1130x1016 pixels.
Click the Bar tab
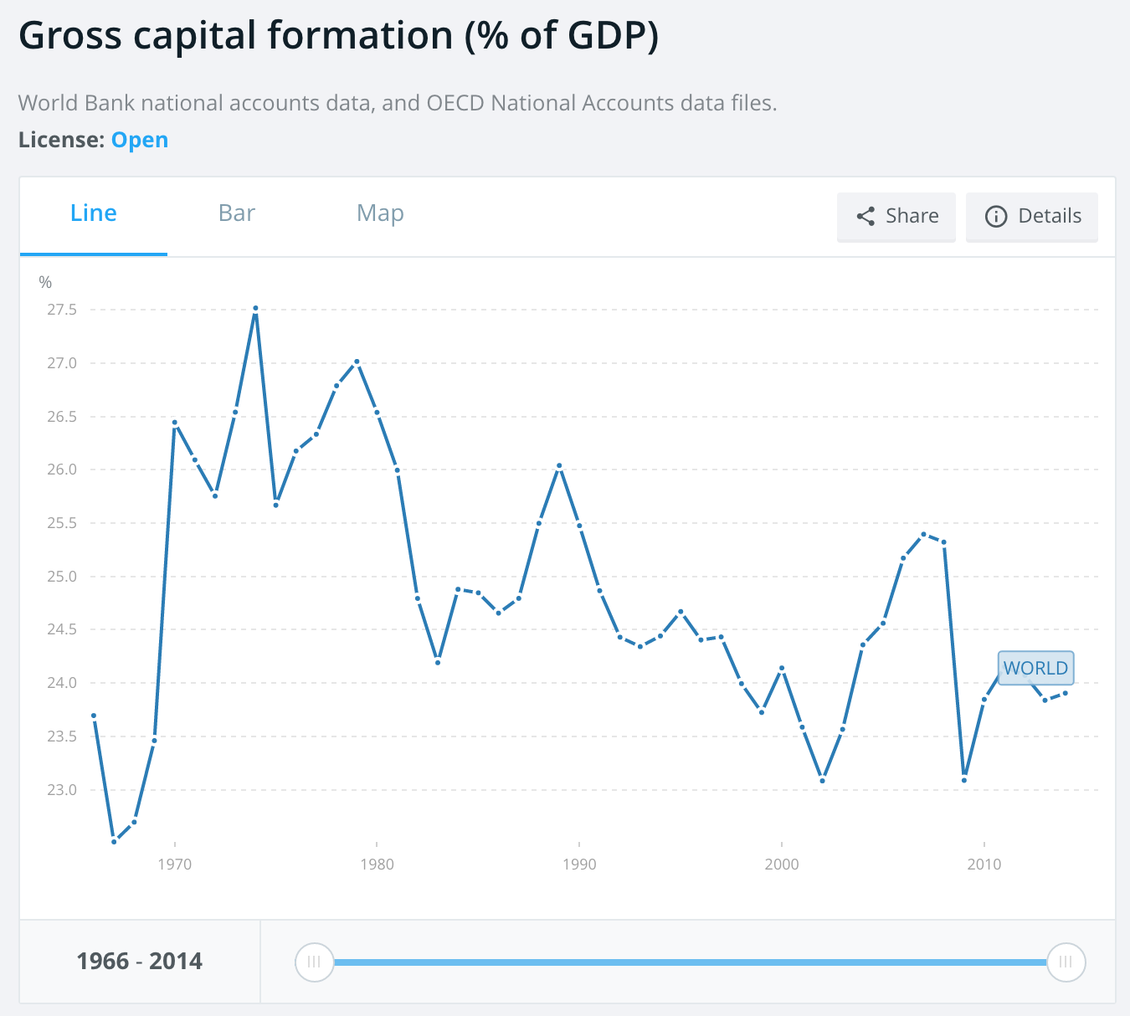(236, 213)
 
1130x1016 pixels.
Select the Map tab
(380, 213)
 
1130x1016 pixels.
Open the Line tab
(94, 213)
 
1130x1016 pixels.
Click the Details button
(1032, 216)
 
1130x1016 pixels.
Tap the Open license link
(140, 140)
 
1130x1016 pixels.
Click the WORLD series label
(1035, 668)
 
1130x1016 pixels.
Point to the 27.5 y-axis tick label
(62, 310)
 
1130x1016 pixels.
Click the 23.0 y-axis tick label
(62, 790)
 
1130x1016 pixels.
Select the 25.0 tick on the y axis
(62, 577)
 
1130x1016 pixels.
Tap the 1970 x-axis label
(174, 864)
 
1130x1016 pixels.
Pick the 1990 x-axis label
(579, 864)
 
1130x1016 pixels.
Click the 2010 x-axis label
(984, 864)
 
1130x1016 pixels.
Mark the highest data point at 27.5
(255, 308)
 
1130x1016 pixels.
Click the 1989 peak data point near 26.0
(559, 465)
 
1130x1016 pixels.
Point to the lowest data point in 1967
(114, 841)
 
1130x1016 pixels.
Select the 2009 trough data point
(964, 780)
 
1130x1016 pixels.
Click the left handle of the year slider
(314, 962)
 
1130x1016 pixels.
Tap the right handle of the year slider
(1066, 962)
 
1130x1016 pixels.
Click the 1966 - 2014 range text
(140, 961)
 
